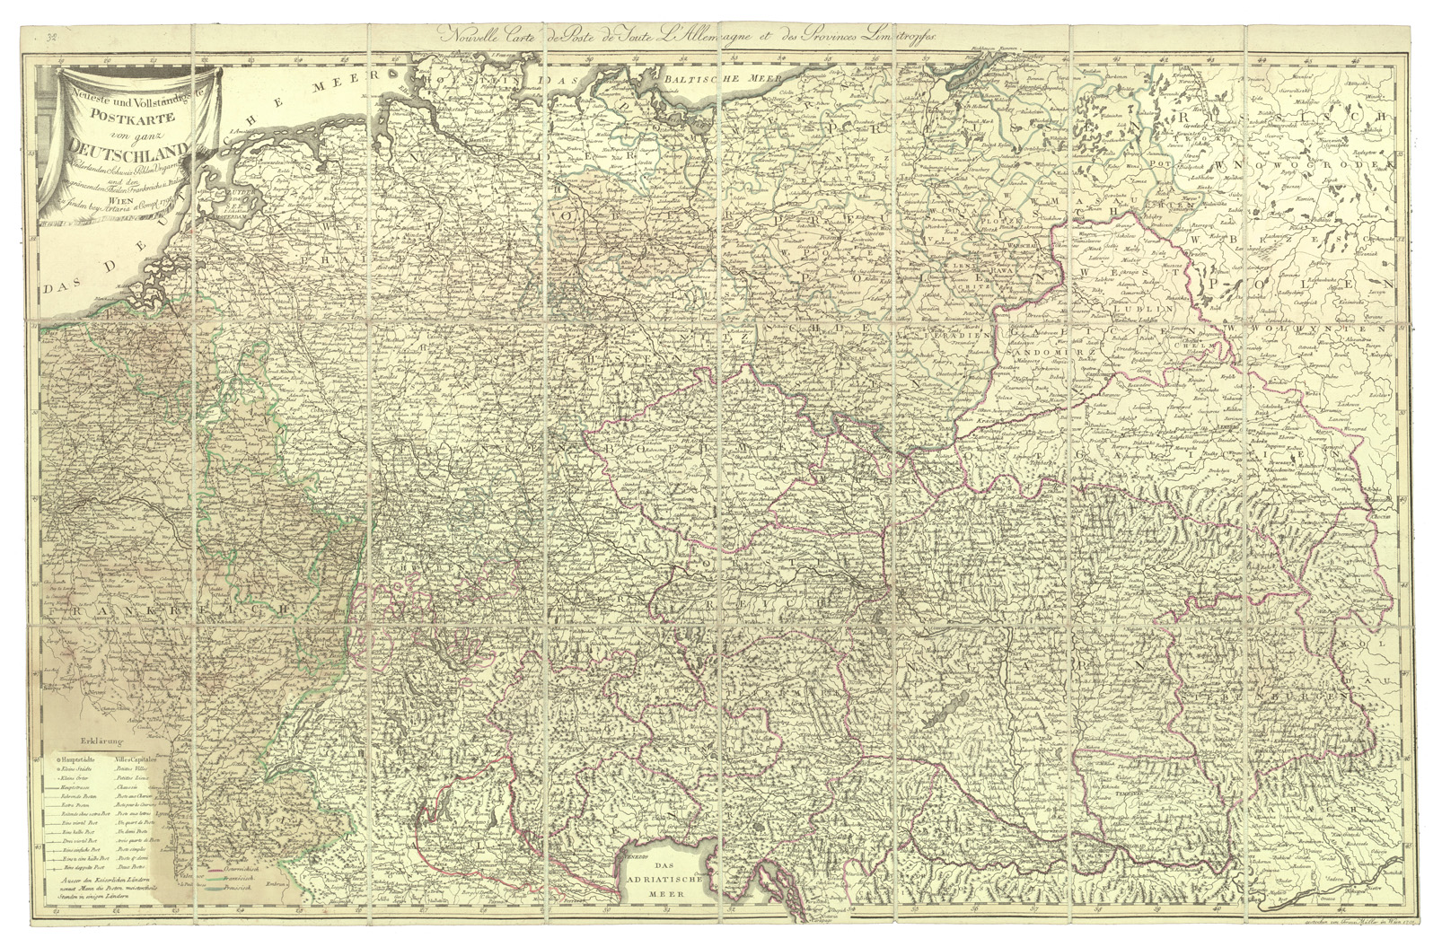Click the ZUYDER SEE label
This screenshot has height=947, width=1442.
click(x=208, y=197)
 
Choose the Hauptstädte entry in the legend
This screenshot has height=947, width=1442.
click(x=84, y=760)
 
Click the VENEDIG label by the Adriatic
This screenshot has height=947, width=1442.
click(x=638, y=856)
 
